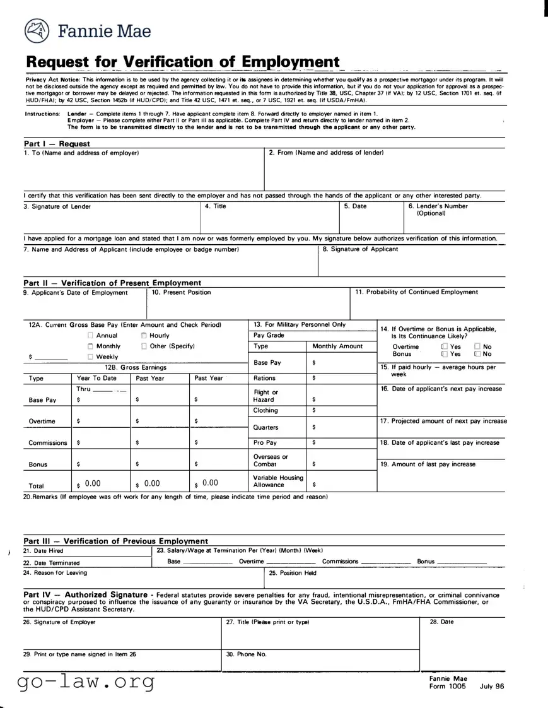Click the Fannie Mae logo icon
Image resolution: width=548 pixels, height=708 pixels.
tap(37, 30)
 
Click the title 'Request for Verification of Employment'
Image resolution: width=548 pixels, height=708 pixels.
tap(183, 62)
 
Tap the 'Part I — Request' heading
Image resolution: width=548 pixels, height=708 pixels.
tap(57, 144)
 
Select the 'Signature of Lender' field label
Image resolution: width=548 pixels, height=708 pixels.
tap(61, 206)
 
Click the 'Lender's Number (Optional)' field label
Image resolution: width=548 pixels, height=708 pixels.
tap(438, 209)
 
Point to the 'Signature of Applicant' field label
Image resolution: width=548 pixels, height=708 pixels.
tap(360, 249)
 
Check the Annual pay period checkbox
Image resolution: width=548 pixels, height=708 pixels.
tap(91, 336)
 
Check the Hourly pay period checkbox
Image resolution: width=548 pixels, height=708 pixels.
tap(144, 336)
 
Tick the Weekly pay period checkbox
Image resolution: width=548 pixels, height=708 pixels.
tap(91, 357)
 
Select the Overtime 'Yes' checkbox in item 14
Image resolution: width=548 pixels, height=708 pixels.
tap(445, 346)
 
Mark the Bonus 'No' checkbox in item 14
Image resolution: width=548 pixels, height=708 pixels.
tap(477, 354)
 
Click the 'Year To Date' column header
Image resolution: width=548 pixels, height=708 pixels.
tap(96, 379)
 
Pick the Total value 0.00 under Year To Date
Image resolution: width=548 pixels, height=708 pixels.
tap(93, 483)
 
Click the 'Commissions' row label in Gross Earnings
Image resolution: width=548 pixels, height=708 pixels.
tap(48, 443)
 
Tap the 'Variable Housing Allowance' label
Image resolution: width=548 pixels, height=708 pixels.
tap(278, 481)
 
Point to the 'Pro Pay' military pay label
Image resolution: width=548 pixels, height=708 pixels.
tap(265, 443)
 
